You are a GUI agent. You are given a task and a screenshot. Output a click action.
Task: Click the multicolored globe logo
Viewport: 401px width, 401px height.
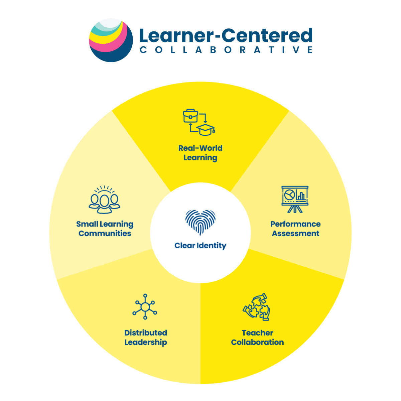[111, 40]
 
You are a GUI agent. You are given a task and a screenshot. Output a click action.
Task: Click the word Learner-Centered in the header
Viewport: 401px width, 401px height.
[226, 35]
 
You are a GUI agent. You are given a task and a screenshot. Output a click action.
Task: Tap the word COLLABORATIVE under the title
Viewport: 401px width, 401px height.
[226, 50]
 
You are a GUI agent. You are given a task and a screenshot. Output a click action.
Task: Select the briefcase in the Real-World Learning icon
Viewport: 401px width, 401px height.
[190, 116]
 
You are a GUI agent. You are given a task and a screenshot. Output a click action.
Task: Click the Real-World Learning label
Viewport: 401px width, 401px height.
[200, 153]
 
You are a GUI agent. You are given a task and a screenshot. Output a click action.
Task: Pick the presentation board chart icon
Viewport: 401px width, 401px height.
[295, 199]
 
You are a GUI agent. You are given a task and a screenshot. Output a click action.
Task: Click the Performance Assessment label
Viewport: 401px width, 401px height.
[295, 229]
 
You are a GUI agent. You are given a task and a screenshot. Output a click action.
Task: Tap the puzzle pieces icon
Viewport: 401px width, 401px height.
[256, 307]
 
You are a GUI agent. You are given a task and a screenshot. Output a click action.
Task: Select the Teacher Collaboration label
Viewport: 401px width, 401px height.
[257, 337]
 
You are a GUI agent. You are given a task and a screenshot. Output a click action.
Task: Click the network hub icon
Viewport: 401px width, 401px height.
[145, 306]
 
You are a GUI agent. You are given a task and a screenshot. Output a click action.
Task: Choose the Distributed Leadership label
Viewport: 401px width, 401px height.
[146, 338]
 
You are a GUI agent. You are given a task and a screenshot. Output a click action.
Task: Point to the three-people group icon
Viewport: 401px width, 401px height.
[104, 199]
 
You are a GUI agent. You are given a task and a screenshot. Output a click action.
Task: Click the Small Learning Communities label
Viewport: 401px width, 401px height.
[105, 229]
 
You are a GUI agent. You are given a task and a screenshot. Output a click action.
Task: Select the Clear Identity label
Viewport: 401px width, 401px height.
[200, 246]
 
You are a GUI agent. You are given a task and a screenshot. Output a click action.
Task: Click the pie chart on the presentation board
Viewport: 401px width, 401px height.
[289, 195]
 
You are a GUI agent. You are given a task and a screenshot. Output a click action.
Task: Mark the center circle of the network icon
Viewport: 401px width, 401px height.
[145, 307]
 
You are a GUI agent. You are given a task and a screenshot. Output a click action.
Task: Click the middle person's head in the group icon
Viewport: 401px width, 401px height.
[105, 200]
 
